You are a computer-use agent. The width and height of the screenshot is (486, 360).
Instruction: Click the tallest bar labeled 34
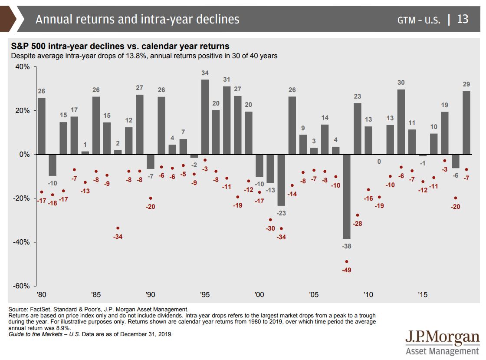pyautogui.click(x=205, y=117)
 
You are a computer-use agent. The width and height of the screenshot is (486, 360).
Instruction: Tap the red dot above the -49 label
pyautogui.click(x=346, y=261)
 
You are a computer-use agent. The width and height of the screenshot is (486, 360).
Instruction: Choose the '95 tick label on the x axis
pyautogui.click(x=205, y=294)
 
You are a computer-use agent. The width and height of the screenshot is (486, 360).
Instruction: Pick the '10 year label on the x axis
pyautogui.click(x=368, y=294)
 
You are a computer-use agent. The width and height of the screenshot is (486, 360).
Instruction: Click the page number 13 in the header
pyautogui.click(x=463, y=19)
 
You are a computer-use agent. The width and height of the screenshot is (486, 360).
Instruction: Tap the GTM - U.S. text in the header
pyautogui.click(x=419, y=20)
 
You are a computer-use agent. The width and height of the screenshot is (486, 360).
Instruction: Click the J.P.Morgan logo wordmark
pyautogui.click(x=442, y=337)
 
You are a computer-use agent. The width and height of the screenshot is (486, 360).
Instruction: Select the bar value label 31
pyautogui.click(x=227, y=79)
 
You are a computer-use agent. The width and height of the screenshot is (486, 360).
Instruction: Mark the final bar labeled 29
pyautogui.click(x=466, y=122)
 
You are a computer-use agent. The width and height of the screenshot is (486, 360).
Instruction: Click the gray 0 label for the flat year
pyautogui.click(x=379, y=162)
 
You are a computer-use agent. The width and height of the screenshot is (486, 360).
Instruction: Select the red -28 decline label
pyautogui.click(x=358, y=224)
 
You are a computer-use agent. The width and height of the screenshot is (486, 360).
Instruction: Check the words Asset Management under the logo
pyautogui.click(x=442, y=351)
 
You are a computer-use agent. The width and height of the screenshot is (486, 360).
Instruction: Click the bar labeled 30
pyautogui.click(x=401, y=122)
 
